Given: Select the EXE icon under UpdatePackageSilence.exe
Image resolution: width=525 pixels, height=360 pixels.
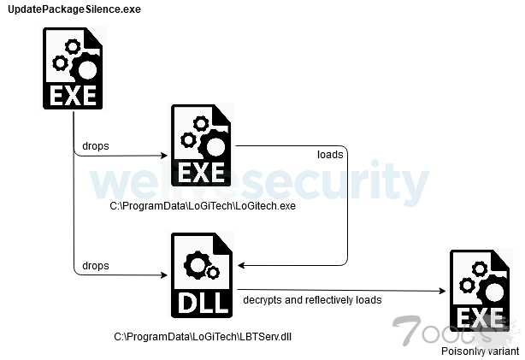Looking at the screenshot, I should coord(74,68).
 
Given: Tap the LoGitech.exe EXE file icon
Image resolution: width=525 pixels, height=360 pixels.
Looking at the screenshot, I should coord(202,146).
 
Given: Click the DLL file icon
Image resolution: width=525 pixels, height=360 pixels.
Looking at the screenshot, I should coord(202,274).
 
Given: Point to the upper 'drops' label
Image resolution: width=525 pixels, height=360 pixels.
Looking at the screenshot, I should coord(95,145).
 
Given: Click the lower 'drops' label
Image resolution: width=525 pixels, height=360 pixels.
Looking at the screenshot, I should coord(95,266).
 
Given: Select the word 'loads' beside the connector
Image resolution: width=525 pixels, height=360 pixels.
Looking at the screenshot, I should coord(329,156).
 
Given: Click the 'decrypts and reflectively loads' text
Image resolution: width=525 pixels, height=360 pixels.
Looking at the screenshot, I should coord(312,299).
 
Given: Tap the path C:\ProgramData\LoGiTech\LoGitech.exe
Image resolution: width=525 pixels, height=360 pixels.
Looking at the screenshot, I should coord(202,207).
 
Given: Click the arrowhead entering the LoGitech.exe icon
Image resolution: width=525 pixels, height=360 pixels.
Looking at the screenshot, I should coord(166,156).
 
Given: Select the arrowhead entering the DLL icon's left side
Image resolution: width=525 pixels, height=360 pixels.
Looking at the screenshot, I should coord(166,276).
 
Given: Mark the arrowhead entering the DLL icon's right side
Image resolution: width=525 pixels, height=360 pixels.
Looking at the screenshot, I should coord(240,264).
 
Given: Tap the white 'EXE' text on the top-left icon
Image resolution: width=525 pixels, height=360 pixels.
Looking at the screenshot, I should coord(74,95).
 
